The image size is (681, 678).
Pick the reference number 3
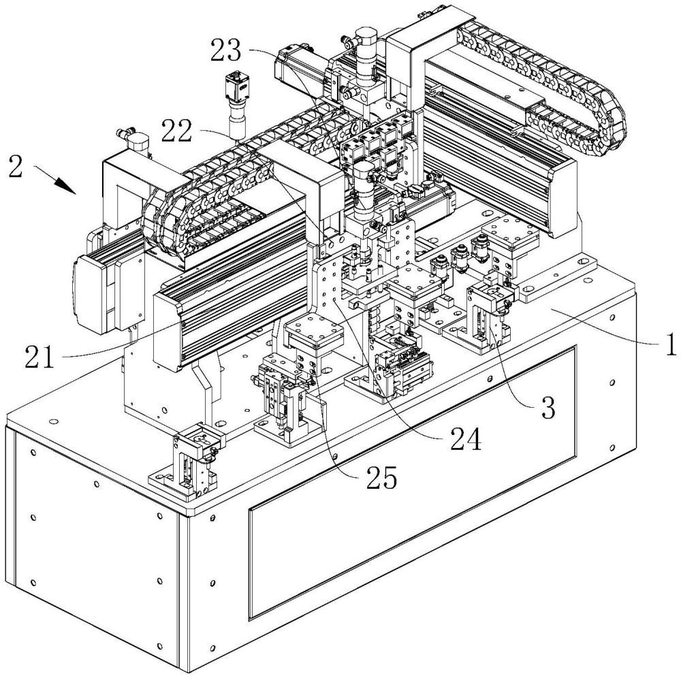click(x=548, y=406)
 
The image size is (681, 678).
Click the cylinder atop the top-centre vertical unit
click(x=366, y=41)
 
